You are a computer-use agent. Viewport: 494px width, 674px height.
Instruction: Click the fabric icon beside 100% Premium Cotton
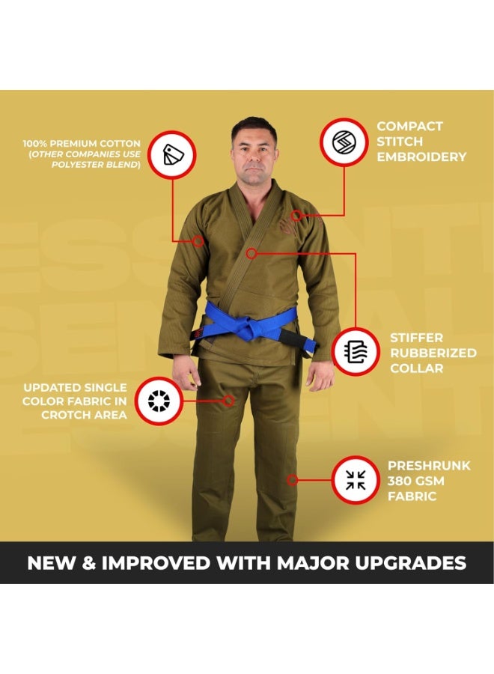[x=172, y=154]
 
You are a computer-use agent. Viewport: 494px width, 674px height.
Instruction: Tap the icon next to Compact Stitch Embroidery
[x=344, y=142]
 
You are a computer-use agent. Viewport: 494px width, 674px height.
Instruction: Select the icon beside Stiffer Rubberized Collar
[x=356, y=351]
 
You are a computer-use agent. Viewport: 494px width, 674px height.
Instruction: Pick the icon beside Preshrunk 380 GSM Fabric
[x=356, y=480]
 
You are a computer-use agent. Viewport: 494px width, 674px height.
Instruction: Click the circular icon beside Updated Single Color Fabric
[x=159, y=401]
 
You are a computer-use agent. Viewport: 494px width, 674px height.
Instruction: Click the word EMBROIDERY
[x=421, y=157]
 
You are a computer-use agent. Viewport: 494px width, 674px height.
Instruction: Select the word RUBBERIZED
[x=433, y=353]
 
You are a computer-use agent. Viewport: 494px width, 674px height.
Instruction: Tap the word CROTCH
[x=65, y=415]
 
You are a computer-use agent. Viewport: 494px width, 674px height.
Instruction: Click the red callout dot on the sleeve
[x=198, y=241]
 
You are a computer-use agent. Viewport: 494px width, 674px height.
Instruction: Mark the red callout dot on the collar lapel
[x=252, y=254]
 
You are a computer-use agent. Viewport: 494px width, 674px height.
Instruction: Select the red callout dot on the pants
[x=228, y=401]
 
